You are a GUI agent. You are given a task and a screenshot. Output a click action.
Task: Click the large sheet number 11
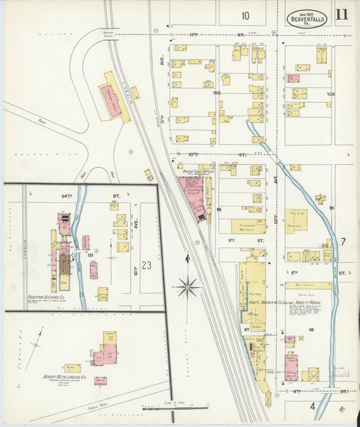pos(341,15)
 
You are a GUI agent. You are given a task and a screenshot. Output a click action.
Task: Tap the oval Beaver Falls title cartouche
pos(307,18)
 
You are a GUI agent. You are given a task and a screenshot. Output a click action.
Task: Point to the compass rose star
pos(187,287)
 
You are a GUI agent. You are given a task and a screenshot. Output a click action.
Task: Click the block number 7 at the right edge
pos(342,242)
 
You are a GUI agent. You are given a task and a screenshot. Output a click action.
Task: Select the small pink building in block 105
pos(293,78)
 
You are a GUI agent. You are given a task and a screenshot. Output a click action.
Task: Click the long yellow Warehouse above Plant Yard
pos(308,285)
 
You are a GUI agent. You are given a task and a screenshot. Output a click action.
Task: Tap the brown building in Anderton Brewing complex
pos(64,264)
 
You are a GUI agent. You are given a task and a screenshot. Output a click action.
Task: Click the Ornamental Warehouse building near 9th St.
pos(249,226)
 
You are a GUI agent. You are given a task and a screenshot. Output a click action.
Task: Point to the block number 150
pos(216,93)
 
